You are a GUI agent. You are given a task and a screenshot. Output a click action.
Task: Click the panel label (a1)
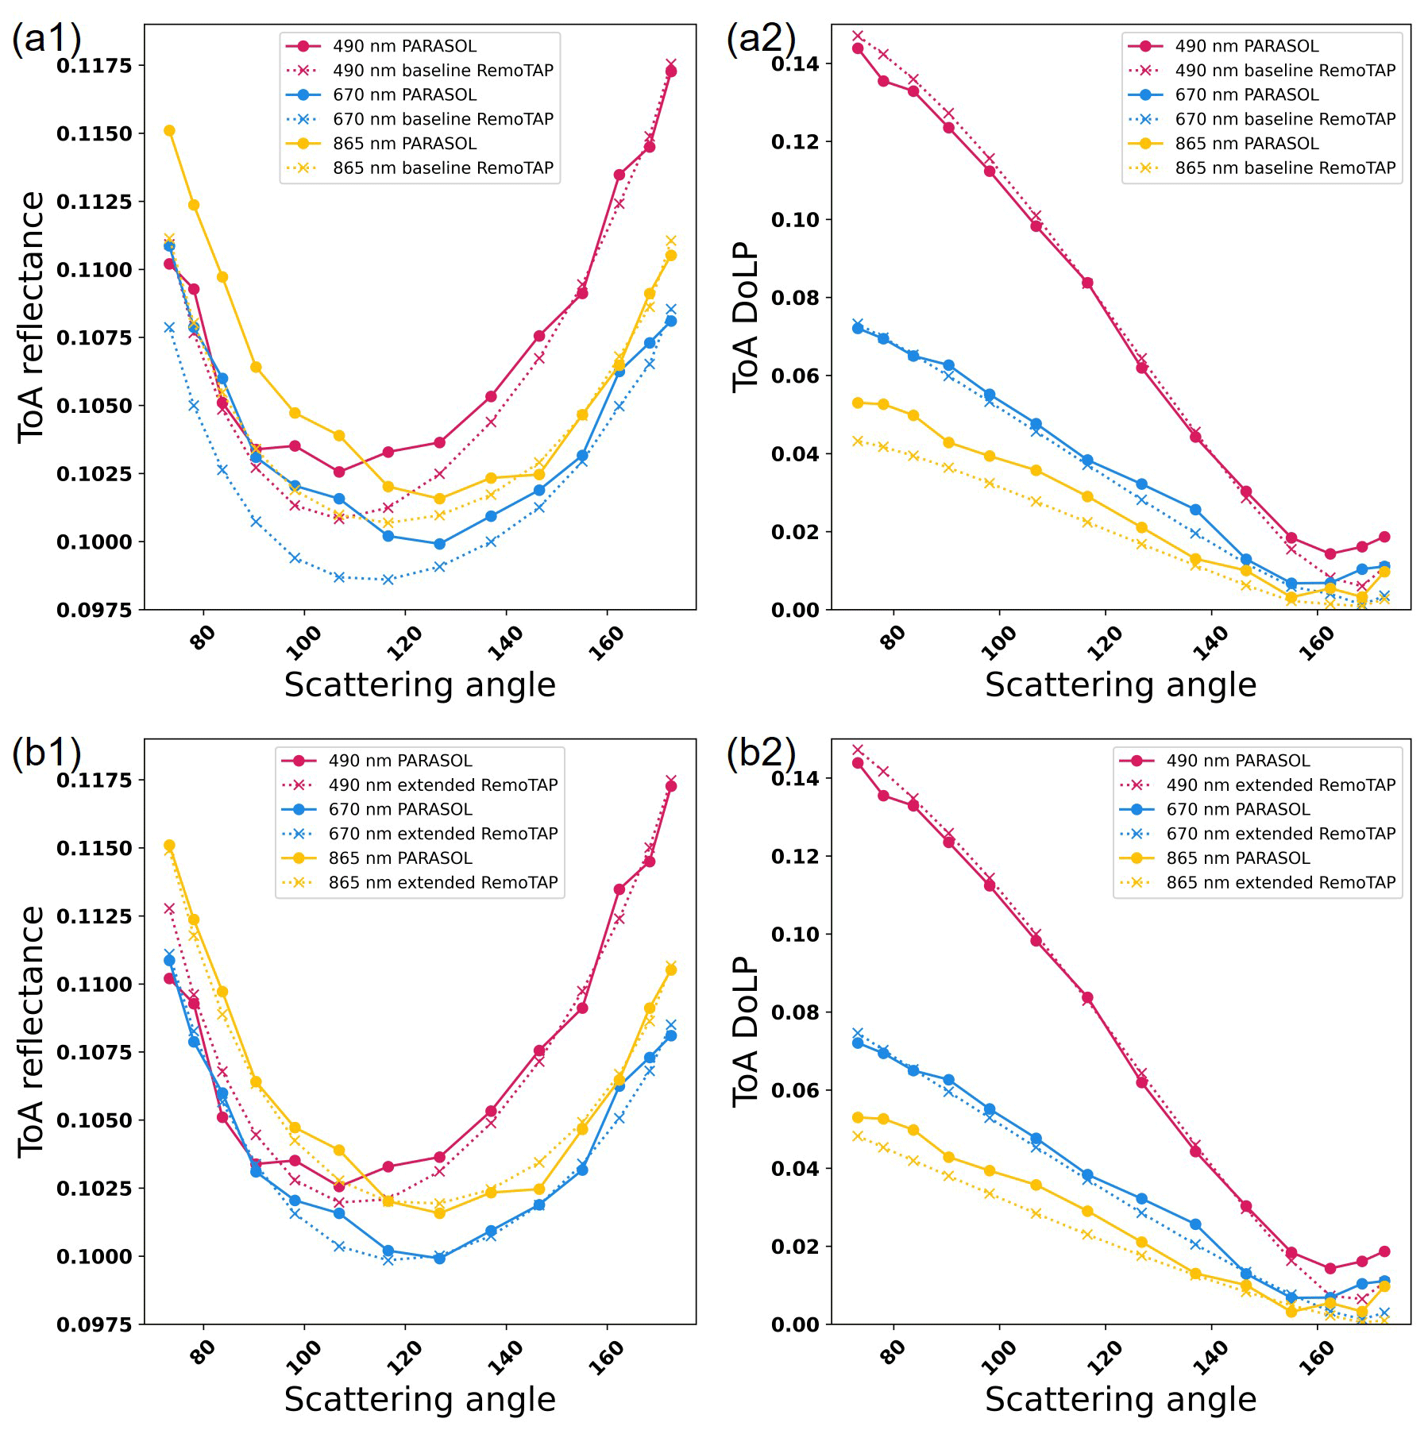coord(46,38)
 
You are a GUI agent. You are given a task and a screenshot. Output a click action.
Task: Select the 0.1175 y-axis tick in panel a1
coord(94,65)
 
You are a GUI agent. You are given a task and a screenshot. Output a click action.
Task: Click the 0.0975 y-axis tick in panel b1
coord(94,1324)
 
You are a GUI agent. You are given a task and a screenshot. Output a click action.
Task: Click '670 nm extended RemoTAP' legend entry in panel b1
coord(442,834)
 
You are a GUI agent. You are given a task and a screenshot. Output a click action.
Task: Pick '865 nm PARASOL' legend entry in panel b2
coord(1237,858)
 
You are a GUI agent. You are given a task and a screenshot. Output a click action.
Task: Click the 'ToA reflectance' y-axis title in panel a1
coord(32,318)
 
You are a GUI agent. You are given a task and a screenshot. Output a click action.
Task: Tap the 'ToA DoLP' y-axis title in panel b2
coord(747,1032)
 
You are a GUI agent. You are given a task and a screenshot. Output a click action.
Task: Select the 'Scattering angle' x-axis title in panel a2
coord(1121,685)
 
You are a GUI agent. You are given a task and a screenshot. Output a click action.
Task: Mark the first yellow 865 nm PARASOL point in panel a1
coord(169,131)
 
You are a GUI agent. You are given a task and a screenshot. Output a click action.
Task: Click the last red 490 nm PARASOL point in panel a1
coord(671,71)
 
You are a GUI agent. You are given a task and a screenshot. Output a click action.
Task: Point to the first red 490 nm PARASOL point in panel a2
coord(858,48)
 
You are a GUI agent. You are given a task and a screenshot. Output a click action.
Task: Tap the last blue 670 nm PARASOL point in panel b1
coord(671,1035)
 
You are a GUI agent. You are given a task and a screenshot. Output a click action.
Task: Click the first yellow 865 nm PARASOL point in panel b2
coord(858,1118)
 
